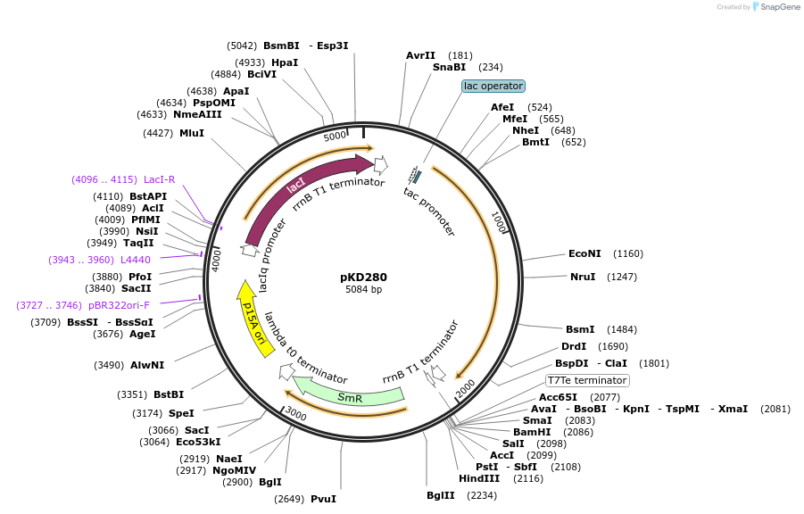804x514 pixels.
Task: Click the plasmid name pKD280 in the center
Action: tap(363, 277)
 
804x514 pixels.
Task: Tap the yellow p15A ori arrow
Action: tap(254, 318)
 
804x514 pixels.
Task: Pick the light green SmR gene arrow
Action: tap(349, 395)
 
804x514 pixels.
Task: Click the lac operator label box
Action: tap(493, 86)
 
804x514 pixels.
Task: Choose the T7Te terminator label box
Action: tap(587, 380)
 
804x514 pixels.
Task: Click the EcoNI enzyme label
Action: tap(585, 253)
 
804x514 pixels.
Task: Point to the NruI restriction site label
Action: tap(583, 277)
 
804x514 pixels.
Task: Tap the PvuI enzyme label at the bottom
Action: tap(323, 499)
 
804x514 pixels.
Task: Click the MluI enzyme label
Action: tap(192, 133)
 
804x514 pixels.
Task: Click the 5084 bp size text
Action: tap(363, 290)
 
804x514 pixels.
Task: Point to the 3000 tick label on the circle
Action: tap(295, 416)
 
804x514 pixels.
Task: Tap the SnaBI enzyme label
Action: tap(449, 67)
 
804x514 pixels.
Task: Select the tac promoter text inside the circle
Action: tap(429, 211)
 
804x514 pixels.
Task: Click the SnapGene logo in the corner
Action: tap(775, 7)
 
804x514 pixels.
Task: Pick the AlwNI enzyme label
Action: tap(147, 365)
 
